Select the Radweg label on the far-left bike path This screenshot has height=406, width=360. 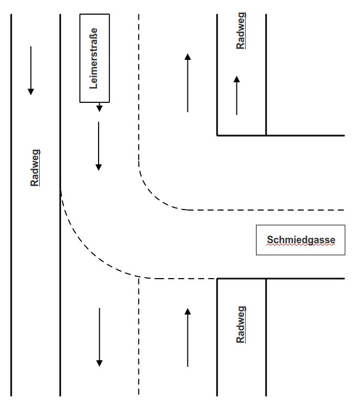35,168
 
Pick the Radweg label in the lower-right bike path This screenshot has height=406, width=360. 241,324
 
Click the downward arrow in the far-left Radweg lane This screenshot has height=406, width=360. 31,71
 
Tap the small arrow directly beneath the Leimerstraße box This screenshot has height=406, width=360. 99,107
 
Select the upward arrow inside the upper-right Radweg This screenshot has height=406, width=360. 236,95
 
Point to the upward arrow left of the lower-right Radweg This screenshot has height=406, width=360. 188,337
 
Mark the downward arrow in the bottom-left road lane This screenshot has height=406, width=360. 99,337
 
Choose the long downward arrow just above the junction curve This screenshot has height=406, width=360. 99,146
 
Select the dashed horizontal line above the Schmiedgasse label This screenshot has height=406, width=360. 272,210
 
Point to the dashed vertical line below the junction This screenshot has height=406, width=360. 139,337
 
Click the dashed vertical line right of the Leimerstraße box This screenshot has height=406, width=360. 139,82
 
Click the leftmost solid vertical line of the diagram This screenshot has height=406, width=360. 11,207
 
